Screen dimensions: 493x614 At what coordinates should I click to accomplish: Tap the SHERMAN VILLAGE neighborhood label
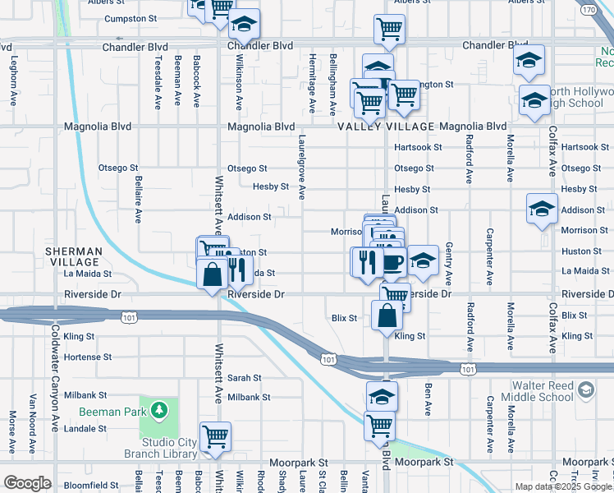point(74,256)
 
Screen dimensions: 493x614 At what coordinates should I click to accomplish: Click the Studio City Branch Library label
point(160,448)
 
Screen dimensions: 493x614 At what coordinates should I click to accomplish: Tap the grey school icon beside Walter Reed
point(586,387)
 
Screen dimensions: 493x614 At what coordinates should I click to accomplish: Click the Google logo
point(27,482)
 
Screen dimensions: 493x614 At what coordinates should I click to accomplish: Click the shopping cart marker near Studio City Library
point(215,436)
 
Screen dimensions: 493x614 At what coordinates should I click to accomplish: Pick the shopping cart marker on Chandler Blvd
point(389,30)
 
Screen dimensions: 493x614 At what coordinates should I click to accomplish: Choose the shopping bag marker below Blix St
point(387,316)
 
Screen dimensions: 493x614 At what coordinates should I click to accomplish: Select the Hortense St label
point(88,357)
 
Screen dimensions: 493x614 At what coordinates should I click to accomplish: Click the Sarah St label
point(244,378)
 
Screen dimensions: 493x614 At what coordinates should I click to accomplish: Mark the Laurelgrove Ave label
point(302,168)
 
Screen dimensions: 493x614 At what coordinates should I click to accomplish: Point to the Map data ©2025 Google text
point(563,486)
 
